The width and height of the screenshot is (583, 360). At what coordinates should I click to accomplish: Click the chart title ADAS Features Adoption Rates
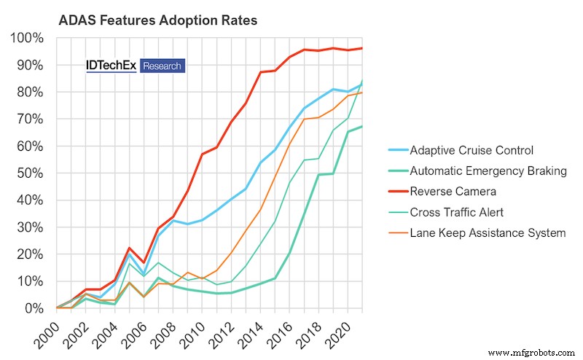(x=157, y=20)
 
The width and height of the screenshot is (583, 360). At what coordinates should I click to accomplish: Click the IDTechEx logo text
(x=111, y=66)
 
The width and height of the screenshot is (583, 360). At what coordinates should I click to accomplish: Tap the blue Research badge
(x=162, y=66)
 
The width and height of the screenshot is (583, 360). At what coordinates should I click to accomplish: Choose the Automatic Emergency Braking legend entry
(x=487, y=171)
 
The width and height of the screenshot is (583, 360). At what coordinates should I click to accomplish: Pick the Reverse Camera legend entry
(x=453, y=192)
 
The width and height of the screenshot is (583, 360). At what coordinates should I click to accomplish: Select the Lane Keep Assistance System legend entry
(x=488, y=233)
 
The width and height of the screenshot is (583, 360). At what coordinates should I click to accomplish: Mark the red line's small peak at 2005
(x=129, y=249)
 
